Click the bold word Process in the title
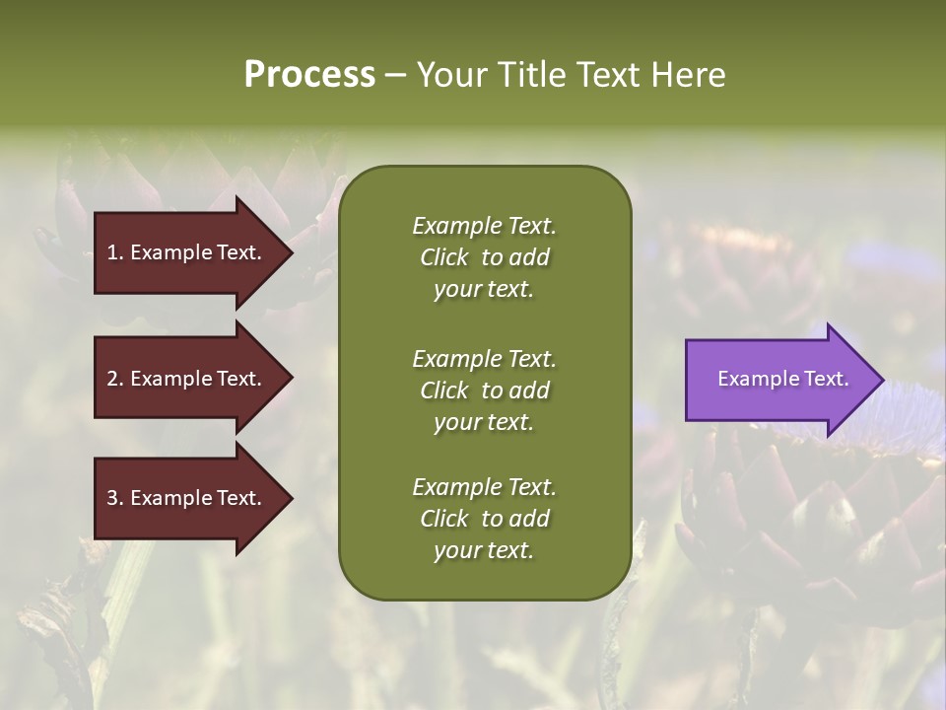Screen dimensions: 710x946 (309, 75)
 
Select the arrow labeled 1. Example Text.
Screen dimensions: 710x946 (187, 252)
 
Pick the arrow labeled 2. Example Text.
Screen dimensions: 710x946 (187, 379)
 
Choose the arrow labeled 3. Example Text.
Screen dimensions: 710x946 (187, 499)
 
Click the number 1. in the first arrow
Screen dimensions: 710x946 (114, 252)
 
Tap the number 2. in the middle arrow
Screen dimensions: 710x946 (114, 379)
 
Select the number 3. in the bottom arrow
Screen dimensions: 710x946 (114, 499)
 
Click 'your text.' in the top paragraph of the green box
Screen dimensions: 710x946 (484, 290)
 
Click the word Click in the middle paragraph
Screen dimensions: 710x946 (444, 390)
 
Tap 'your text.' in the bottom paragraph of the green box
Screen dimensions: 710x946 (484, 551)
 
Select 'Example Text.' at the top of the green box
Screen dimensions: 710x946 (484, 226)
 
